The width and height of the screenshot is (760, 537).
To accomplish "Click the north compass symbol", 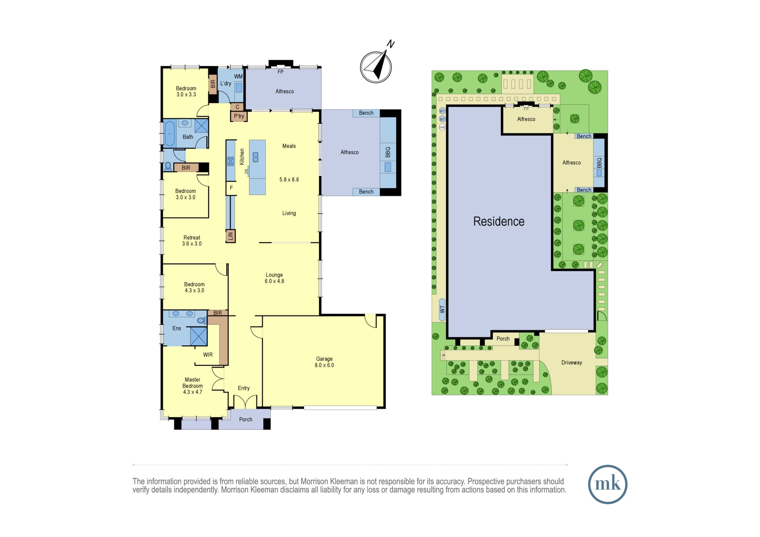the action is coord(376,67).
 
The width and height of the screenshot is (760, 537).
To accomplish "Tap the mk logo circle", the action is coord(608,484).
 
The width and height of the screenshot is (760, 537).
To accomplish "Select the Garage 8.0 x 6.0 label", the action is coord(324,362).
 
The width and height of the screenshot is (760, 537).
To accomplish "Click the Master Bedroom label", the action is coord(193,386).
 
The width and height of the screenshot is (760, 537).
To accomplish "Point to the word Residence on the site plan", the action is coord(499,221).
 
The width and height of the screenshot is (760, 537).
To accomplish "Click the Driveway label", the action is coord(572,363).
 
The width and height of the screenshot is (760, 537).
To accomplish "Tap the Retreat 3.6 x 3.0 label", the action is coord(192,241).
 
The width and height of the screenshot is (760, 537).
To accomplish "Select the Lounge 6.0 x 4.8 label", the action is coord(274,278).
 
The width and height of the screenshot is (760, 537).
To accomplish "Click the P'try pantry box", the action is coord(239,116).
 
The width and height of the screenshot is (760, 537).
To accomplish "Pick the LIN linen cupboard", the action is coord(230,236).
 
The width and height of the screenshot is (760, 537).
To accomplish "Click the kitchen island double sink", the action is coord(255,157).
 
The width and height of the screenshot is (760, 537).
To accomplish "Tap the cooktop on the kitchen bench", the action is coord(231,161).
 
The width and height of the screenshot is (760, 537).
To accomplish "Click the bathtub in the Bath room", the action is coord(169,133).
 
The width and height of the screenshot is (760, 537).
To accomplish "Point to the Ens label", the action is coord(177,329).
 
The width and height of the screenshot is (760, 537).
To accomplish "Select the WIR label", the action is coord(208,355).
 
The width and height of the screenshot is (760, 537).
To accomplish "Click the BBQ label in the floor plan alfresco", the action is coord(388,152).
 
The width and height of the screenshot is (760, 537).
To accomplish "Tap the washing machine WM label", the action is coord(238,77).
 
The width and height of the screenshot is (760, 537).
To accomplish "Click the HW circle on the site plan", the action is coord(442,127).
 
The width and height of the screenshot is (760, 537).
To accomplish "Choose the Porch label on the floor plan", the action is coord(245,420).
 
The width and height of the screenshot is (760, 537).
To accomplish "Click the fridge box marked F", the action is coord(231,188).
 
